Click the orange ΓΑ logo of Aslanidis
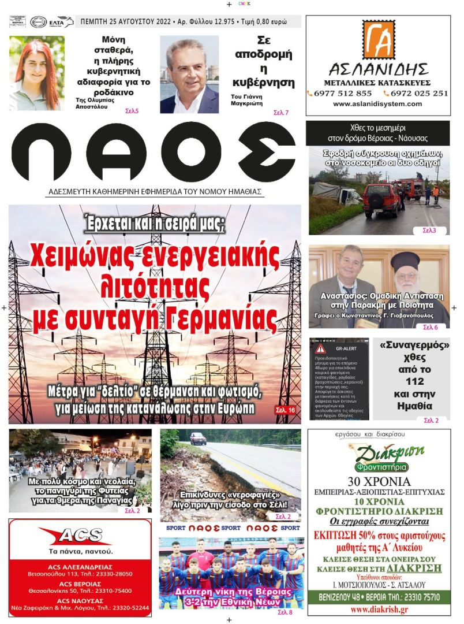[x=379, y=40]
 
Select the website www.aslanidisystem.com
[x=377, y=104]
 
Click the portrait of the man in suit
[x=189, y=75]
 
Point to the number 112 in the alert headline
[x=415, y=381]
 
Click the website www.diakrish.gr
[x=379, y=610]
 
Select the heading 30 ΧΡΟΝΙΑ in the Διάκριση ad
[x=379, y=481]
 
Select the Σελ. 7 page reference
[x=281, y=113]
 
